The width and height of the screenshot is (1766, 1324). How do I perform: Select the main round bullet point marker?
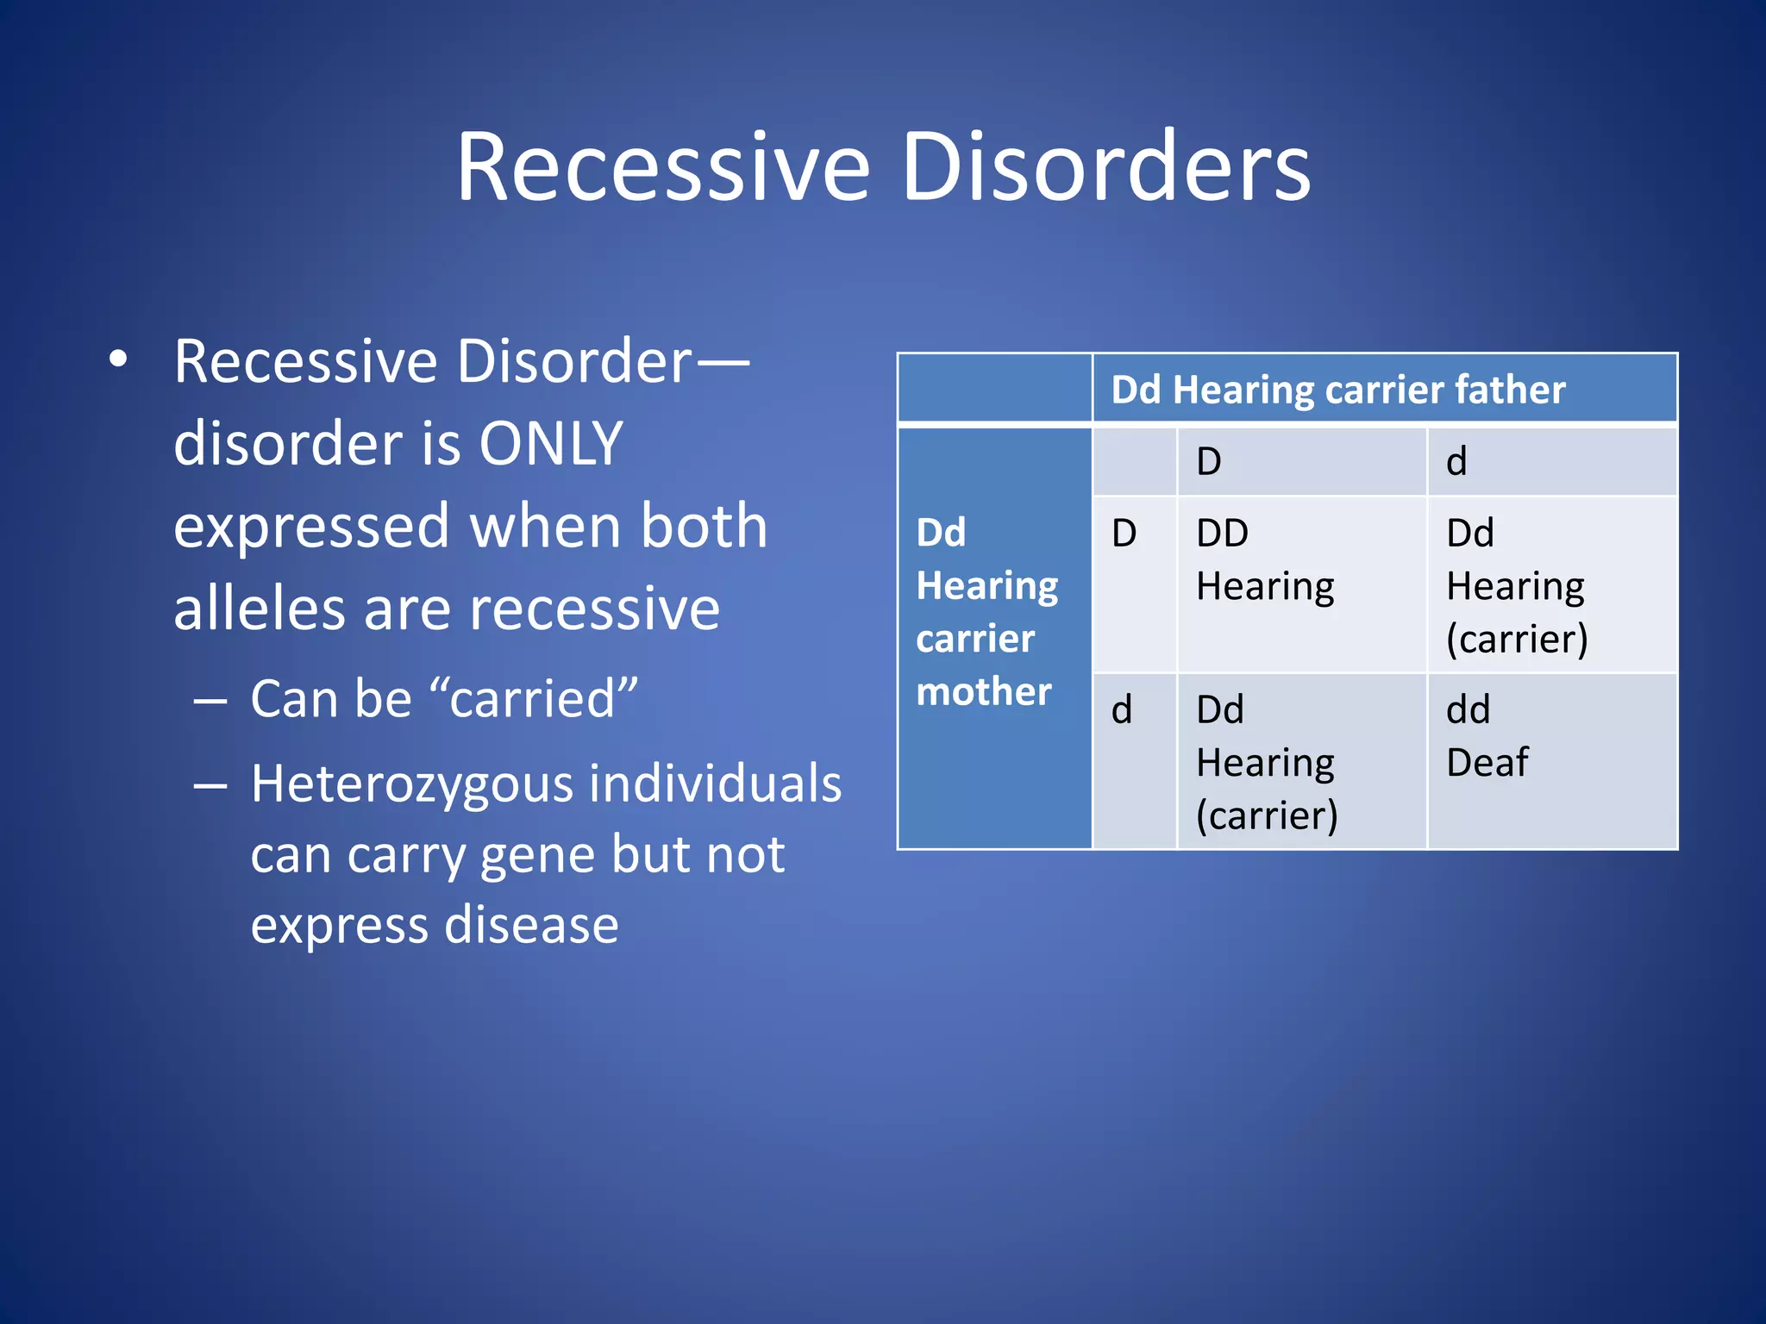119,361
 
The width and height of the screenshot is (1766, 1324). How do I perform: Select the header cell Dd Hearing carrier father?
1338,390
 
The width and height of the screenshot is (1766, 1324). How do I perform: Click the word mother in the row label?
983,691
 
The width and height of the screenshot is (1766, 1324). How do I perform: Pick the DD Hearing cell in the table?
1264,560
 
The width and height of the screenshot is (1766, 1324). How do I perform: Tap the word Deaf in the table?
1487,763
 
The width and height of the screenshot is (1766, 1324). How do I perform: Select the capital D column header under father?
1209,462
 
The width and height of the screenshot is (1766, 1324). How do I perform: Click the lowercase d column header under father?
1456,462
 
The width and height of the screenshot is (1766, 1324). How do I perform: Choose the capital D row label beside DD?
1124,534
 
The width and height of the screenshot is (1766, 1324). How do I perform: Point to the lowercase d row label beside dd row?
1121,710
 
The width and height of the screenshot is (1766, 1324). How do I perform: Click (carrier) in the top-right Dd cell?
1517,639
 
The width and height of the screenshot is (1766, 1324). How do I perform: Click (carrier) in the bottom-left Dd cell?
1266,815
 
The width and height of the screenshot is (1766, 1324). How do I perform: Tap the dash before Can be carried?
210,700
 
